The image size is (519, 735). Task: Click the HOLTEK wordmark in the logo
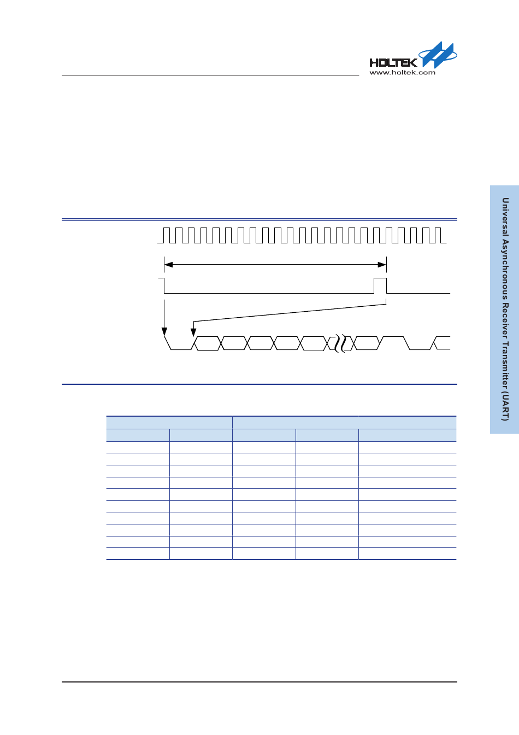coord(393,62)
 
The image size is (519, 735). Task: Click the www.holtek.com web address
coord(402,73)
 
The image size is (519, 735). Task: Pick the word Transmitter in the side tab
coord(505,366)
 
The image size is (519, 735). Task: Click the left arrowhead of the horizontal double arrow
coord(168,265)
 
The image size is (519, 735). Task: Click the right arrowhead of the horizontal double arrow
coord(382,265)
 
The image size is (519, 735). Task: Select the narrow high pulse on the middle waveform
coord(380,285)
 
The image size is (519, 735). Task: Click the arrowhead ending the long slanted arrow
coord(193,332)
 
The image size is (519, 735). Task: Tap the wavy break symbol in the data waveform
coord(340,343)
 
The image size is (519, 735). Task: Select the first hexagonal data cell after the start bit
coord(208,343)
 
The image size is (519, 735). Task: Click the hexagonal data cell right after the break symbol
coord(366,343)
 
